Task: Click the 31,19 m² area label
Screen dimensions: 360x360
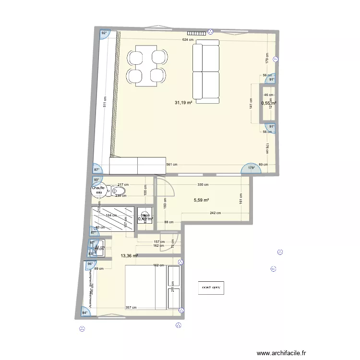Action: (x=183, y=102)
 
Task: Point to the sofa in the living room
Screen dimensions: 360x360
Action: (x=206, y=72)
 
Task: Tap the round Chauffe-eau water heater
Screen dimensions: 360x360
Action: (x=99, y=190)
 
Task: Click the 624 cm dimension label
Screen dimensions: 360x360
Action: (x=188, y=40)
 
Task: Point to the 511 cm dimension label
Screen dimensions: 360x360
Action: (x=105, y=102)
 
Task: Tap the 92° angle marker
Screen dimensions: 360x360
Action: (x=104, y=34)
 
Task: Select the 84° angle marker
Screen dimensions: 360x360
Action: (x=85, y=313)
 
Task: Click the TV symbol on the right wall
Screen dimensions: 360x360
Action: (x=275, y=60)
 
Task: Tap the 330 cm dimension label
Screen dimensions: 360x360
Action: (x=203, y=184)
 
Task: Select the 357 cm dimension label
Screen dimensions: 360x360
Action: (x=131, y=308)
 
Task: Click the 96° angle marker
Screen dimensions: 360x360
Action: (x=90, y=264)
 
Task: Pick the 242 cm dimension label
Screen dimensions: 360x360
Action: (x=215, y=213)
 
